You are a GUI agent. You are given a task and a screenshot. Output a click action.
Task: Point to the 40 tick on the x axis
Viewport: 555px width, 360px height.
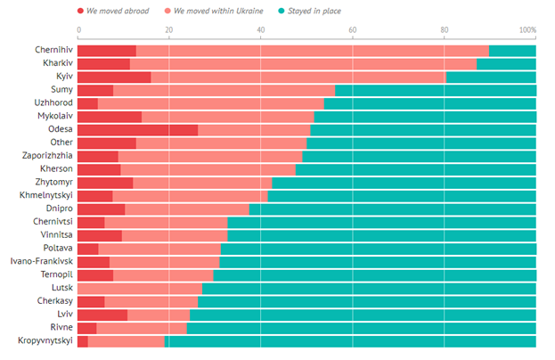[260, 30]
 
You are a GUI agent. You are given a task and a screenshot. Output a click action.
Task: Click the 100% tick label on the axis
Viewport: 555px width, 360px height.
[528, 30]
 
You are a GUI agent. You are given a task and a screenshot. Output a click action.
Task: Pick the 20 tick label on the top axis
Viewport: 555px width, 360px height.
[169, 30]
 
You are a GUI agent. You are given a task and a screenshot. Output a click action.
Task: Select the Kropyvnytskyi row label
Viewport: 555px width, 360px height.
[39, 340]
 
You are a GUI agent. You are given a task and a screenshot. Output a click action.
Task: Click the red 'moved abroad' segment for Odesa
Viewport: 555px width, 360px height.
[137, 129]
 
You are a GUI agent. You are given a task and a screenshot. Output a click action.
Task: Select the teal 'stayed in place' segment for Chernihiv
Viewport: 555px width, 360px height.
[512, 50]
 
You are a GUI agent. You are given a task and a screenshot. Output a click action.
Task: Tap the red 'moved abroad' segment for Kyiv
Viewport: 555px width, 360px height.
[114, 77]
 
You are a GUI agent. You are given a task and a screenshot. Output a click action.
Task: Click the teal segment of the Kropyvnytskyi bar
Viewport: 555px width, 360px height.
[351, 340]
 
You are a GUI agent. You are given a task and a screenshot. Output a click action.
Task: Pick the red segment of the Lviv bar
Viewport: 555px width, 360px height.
[102, 315]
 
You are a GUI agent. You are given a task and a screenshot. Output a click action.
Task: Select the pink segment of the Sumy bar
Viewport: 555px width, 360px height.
[224, 90]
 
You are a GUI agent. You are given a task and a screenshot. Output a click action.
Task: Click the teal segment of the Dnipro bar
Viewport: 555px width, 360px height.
[392, 209]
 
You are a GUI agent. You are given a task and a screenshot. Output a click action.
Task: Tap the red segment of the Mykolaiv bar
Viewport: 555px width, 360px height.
[110, 116]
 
